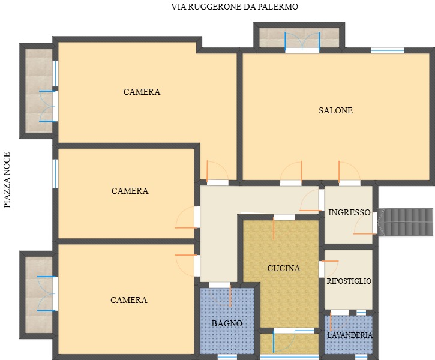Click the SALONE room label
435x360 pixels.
(x=335, y=110)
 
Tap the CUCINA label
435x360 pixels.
(x=284, y=268)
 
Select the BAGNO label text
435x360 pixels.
(x=227, y=323)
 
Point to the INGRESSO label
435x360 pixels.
(x=349, y=212)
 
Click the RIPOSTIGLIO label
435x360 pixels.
(x=349, y=281)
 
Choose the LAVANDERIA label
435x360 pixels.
(x=350, y=335)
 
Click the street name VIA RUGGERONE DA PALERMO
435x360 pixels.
(x=235, y=7)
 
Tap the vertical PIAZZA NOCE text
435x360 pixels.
(x=7, y=180)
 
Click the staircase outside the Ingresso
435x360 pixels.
(x=406, y=222)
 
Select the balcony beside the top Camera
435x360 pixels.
(x=39, y=91)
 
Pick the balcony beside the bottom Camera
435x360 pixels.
(x=39, y=295)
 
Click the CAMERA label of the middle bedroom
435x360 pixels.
(x=130, y=191)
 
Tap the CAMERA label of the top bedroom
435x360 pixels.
(x=142, y=92)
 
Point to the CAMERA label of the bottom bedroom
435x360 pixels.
(x=129, y=300)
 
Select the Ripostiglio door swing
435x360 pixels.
(x=329, y=268)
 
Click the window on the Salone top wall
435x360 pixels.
(x=388, y=50)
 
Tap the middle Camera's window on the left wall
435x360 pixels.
(x=55, y=174)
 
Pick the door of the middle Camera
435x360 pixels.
(x=187, y=217)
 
